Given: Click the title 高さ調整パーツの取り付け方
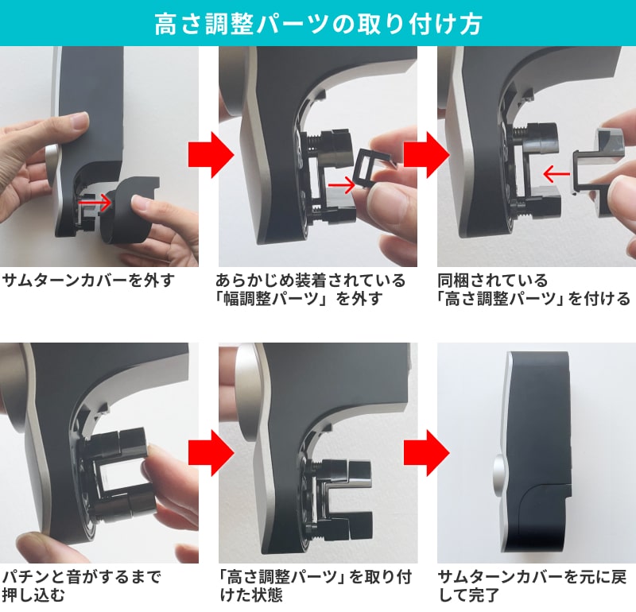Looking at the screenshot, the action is pos(318,24).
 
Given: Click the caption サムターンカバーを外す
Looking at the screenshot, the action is pos(89,281).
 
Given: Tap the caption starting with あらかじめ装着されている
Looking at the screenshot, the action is pos(310,289).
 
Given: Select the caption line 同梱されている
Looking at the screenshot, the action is pos(493,281).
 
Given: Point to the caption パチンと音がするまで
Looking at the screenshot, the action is pos(82,577).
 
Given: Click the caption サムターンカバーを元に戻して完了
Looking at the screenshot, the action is pos(533,586).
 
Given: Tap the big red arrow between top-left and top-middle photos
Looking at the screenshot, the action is pos(211,155).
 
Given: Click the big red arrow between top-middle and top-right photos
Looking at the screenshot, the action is pos(427,155).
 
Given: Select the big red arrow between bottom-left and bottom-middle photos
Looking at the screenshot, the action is pos(211,452).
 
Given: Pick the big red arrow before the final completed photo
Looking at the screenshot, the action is pos(427,452).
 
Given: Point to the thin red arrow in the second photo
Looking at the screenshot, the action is pos(342,185).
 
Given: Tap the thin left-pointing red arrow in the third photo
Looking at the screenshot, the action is pos(556,175).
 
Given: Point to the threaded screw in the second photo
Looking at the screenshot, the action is pos(312,143).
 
